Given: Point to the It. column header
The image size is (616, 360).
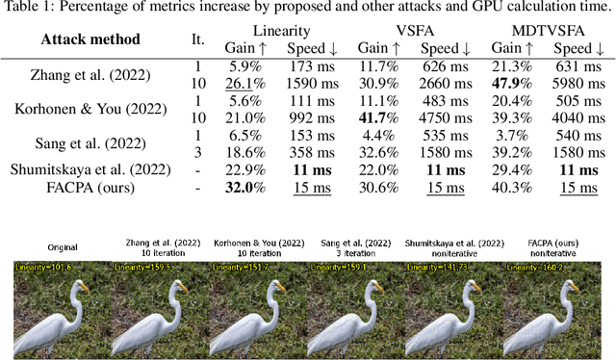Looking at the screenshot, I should click(198, 40).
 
